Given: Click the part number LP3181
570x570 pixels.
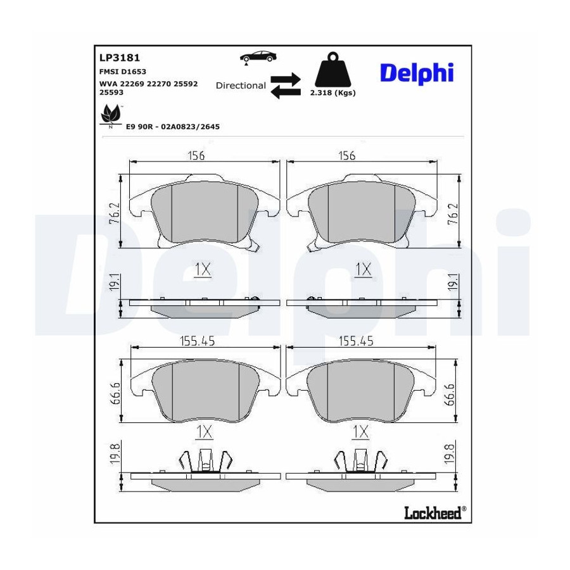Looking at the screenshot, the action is (120, 58).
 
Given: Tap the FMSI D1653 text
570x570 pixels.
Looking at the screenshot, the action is (122, 72).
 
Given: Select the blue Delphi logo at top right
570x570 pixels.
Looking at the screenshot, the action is (417, 73).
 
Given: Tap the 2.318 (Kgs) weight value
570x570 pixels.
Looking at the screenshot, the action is (332, 92).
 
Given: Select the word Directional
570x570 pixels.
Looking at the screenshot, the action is (241, 85).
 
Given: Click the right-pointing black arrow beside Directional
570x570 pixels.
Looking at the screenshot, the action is (286, 79).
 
